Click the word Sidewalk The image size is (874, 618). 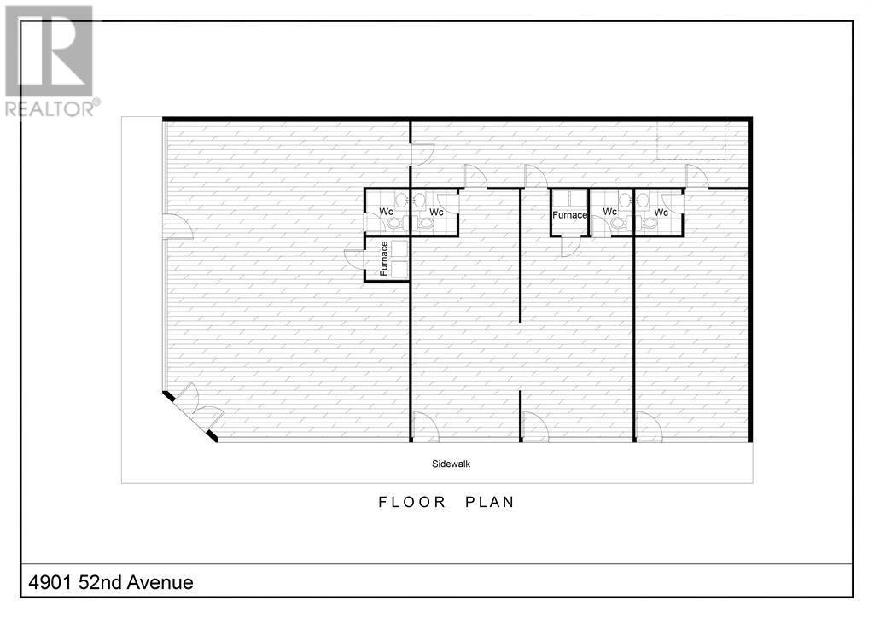tap(451, 464)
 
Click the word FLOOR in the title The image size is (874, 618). tap(412, 502)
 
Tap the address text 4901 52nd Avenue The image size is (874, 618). tap(99, 583)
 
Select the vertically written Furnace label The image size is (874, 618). tap(385, 258)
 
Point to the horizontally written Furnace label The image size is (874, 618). tap(569, 215)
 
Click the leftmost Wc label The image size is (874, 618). tap(386, 212)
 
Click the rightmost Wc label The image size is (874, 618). tap(661, 212)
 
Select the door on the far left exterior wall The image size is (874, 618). tap(178, 226)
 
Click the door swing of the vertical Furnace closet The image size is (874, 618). tap(354, 258)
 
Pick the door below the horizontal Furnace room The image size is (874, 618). tap(570, 246)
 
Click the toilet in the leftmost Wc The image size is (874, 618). tap(394, 224)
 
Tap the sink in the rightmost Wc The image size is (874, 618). tap(641, 200)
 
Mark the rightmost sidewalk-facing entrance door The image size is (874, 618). tap(649, 427)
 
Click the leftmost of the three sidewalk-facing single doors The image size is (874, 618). tap(424, 427)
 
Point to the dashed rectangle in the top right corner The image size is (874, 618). tap(690, 140)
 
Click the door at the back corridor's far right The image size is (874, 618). tap(696, 177)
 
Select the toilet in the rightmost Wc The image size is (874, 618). tap(650, 224)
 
